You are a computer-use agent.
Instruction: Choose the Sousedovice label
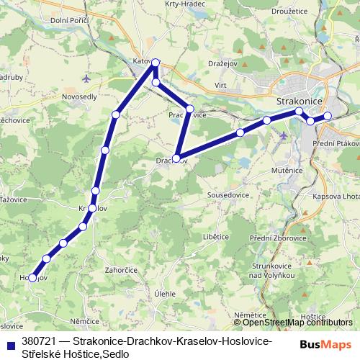228,195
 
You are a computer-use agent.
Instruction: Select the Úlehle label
165,294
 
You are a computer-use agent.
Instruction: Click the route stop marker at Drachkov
176,158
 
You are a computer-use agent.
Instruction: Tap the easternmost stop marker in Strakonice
327,116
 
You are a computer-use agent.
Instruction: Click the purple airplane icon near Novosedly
87,77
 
